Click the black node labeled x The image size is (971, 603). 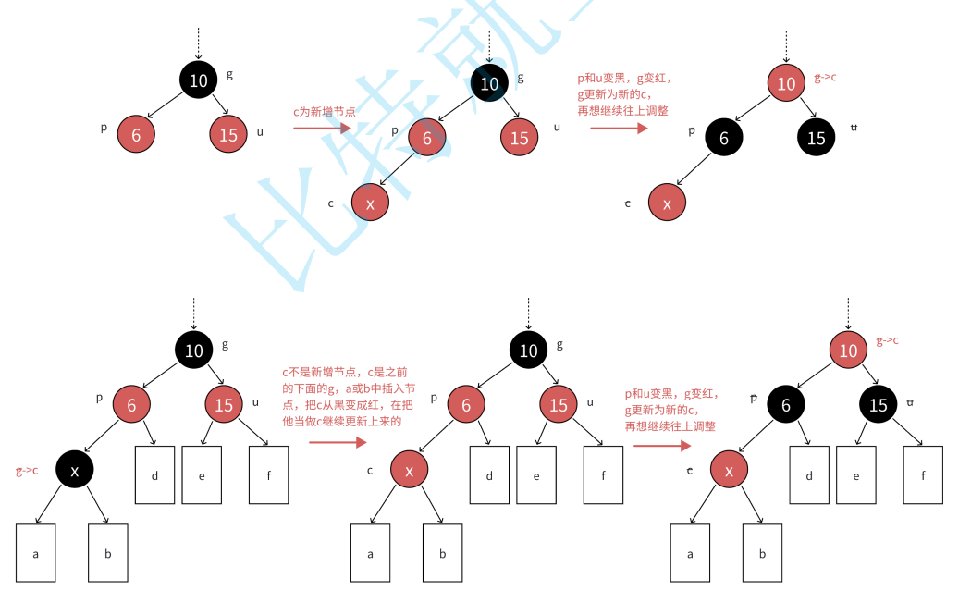click(76, 471)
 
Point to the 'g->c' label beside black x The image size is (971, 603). click(27, 471)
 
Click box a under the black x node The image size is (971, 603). click(36, 553)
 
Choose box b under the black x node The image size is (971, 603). click(108, 553)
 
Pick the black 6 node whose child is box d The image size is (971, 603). click(785, 404)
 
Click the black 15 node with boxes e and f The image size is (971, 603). click(879, 404)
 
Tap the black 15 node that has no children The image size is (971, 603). click(816, 138)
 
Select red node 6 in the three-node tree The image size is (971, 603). click(136, 135)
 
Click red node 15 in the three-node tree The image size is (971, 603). click(228, 135)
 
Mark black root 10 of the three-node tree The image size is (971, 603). click(198, 80)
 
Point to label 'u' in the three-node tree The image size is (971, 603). click(260, 131)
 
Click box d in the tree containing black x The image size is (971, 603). click(154, 475)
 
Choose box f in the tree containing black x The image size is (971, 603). click(268, 475)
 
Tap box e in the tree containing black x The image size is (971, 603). click(202, 475)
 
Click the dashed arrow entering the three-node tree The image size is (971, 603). click(198, 43)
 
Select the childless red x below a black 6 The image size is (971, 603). click(666, 203)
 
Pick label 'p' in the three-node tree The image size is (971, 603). click(104, 128)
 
